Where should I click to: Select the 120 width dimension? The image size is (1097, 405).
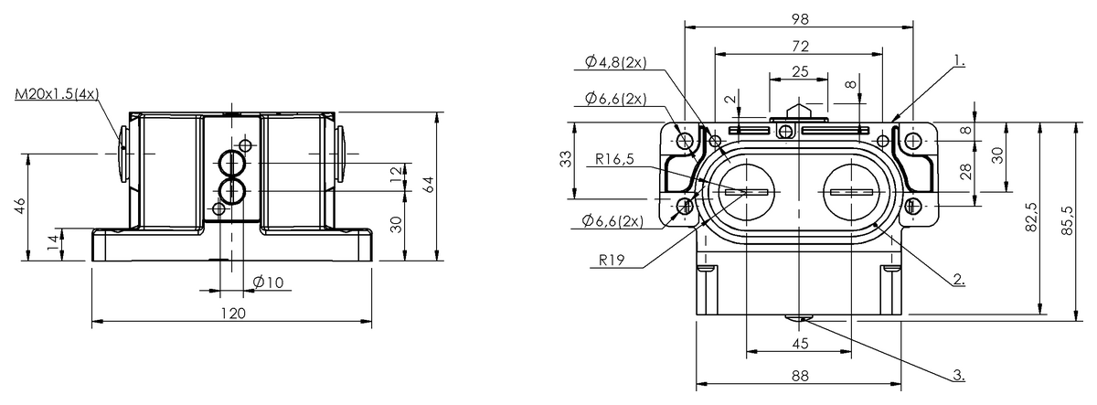[234, 313]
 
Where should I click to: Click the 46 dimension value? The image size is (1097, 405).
[19, 208]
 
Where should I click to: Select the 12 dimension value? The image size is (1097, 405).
[396, 173]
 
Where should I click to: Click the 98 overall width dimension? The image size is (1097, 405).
[799, 18]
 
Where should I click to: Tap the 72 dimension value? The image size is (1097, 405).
[799, 45]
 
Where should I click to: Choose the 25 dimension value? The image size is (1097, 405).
[799, 70]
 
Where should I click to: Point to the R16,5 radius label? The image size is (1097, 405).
[615, 158]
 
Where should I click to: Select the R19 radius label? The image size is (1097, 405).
[612, 259]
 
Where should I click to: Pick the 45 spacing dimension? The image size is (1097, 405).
[799, 343]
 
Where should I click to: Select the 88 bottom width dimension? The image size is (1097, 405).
[799, 375]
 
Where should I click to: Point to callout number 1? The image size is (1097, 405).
[958, 60]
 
